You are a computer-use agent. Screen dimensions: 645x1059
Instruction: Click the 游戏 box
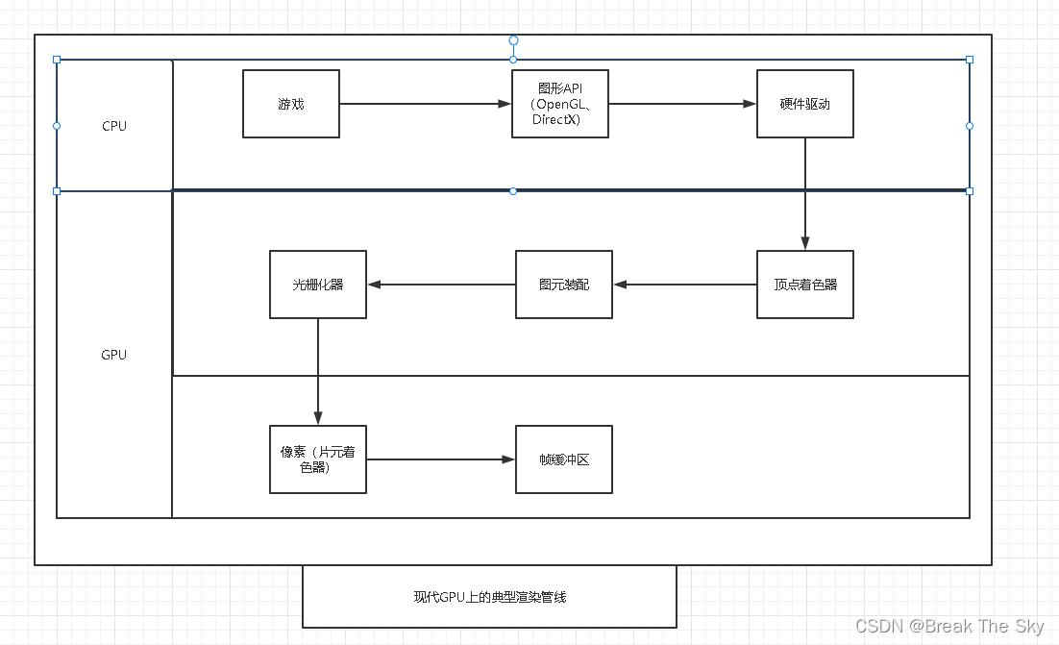tap(291, 104)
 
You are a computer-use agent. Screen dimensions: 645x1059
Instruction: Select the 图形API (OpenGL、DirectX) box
tap(560, 104)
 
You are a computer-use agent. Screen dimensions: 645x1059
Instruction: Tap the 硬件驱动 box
tap(805, 104)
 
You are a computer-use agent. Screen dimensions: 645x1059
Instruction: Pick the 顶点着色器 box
tap(805, 285)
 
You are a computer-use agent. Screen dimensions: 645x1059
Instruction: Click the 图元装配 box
tap(564, 285)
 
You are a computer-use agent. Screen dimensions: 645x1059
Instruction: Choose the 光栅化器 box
tap(318, 285)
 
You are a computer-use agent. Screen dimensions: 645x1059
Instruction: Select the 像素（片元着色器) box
tap(318, 459)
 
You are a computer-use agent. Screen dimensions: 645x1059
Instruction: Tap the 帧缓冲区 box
tap(564, 459)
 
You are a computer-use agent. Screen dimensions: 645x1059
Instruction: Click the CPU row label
tap(114, 126)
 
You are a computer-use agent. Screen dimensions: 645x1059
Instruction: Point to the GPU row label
tap(114, 355)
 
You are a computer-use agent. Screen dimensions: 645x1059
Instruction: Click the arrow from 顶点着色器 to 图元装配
tap(685, 285)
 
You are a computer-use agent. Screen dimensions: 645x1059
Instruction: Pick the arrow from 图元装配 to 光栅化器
tap(441, 285)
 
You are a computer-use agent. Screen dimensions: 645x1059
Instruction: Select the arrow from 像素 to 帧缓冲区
tap(441, 459)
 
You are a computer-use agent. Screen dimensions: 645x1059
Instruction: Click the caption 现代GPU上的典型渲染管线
tap(490, 597)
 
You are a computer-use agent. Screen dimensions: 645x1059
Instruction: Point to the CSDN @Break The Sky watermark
tap(949, 627)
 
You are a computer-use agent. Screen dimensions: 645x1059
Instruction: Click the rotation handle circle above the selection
tap(513, 40)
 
